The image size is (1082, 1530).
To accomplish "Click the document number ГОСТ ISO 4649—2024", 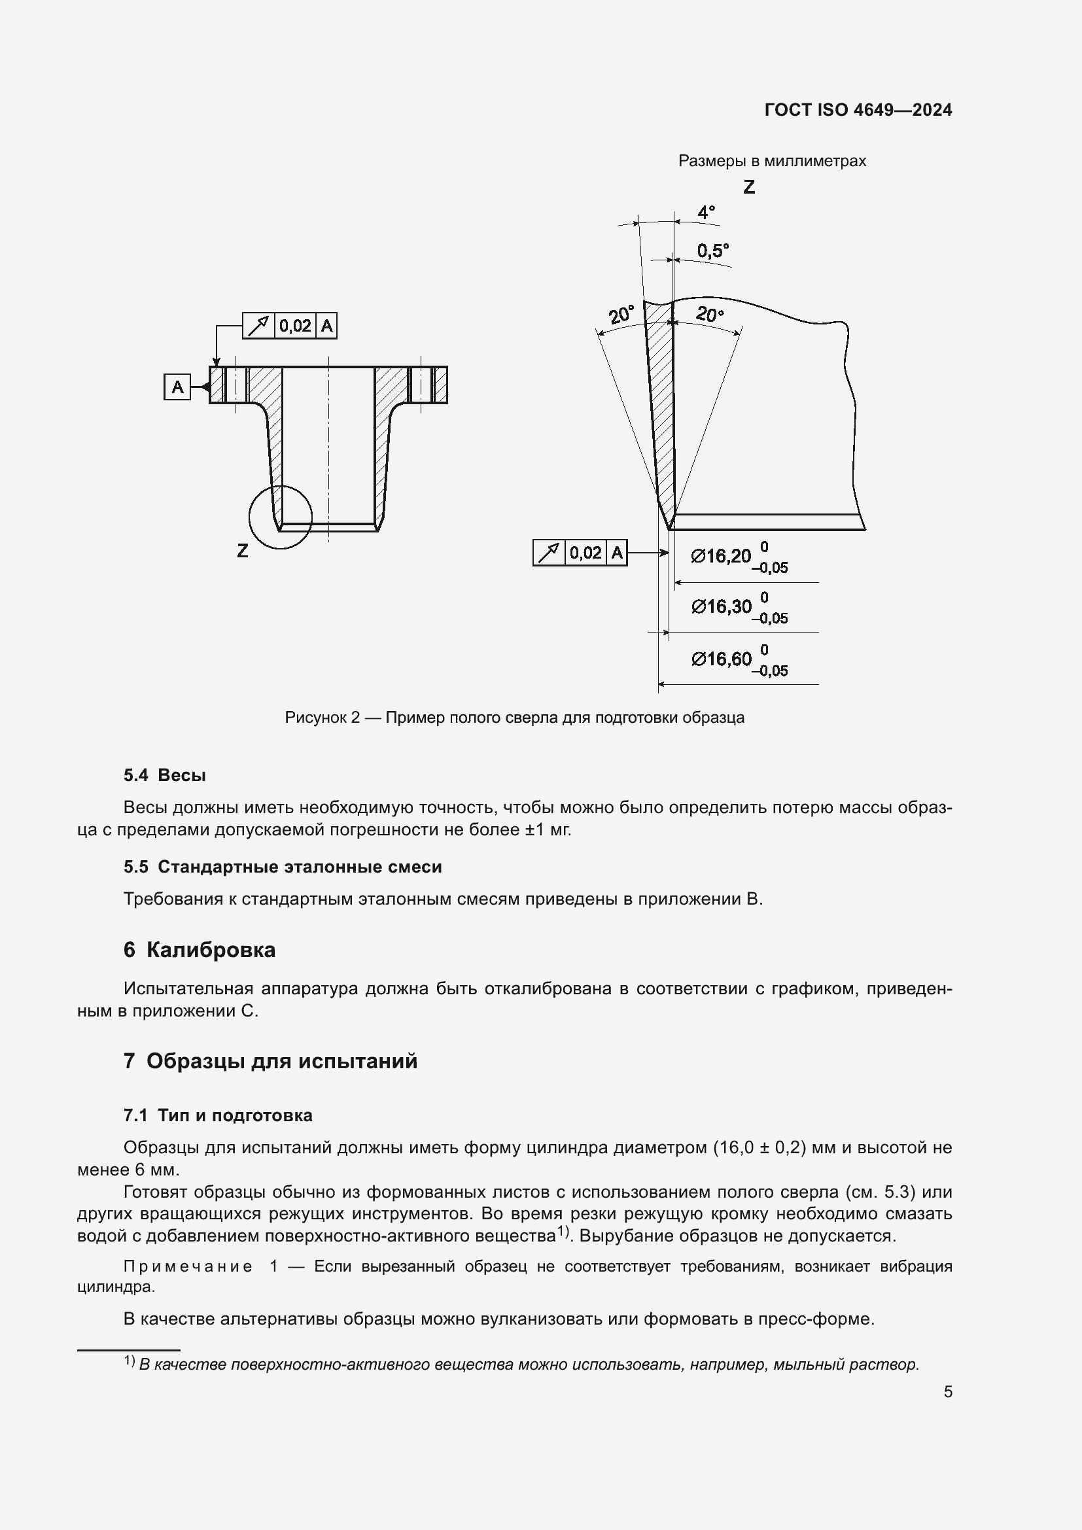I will pos(858,110).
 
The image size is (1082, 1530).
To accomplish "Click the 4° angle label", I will pos(706,213).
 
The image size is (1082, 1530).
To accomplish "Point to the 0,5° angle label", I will pos(712,251).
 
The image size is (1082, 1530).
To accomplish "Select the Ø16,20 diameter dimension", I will pos(721,556).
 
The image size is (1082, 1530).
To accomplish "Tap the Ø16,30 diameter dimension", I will pos(721,606).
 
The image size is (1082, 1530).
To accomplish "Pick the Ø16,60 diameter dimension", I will pos(721,659).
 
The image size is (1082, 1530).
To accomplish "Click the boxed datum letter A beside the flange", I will pos(177,387).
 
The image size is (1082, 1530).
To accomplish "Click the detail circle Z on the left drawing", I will pos(281,517).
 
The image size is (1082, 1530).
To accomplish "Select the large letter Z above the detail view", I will pos(749,187).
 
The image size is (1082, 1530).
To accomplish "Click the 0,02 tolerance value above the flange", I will pos(294,326).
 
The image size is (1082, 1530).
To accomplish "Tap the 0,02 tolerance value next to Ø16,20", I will pos(585,553).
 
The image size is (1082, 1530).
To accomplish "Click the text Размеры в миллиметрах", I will pos(771,161).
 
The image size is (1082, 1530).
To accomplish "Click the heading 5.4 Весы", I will pos(165,775).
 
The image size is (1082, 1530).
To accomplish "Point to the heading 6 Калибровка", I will pos(200,950).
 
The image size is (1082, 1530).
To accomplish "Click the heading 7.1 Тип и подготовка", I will pos(218,1115).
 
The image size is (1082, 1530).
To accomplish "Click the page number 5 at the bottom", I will pos(947,1391).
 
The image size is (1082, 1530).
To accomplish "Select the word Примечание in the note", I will pos(188,1266).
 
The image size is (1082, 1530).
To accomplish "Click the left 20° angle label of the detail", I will pos(620,315).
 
